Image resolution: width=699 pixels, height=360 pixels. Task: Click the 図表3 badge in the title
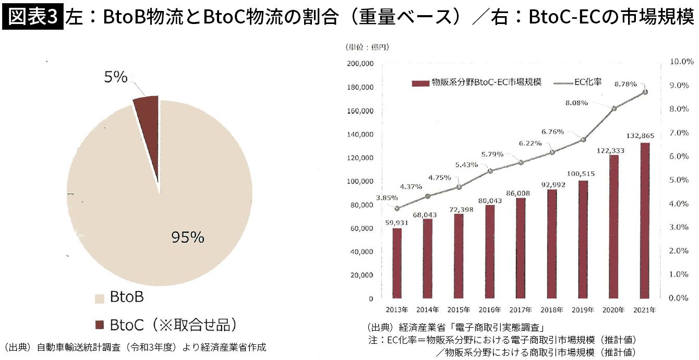[32, 17]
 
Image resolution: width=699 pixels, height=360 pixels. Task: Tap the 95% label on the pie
[188, 237]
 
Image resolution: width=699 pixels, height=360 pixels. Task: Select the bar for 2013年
[397, 263]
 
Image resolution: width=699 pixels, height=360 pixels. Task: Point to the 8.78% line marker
[645, 92]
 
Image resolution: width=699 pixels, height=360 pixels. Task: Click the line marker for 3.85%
[397, 208]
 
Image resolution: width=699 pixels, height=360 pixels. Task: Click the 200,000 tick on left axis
[359, 64]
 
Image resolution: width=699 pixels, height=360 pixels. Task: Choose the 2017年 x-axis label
[521, 309]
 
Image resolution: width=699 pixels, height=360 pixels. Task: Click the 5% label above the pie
[116, 77]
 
